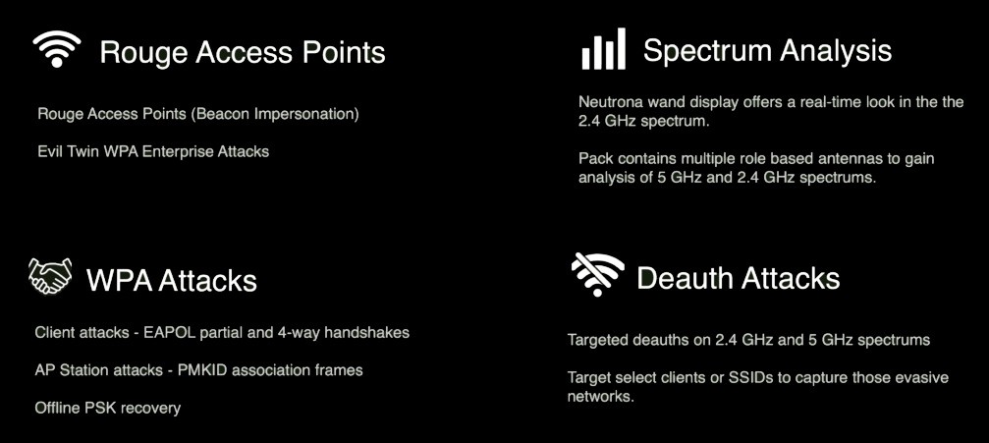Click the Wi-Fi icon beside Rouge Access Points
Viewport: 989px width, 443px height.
click(57, 50)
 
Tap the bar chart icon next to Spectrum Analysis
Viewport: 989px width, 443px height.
click(604, 48)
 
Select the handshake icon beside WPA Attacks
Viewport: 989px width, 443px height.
click(50, 276)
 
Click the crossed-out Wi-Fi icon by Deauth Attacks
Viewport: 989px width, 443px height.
click(597, 274)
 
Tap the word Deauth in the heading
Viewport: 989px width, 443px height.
click(686, 278)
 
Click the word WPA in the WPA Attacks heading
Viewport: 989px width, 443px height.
click(119, 280)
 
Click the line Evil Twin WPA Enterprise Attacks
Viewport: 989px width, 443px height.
click(153, 151)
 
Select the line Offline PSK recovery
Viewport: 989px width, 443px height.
click(108, 409)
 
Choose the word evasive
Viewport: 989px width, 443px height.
click(919, 378)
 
